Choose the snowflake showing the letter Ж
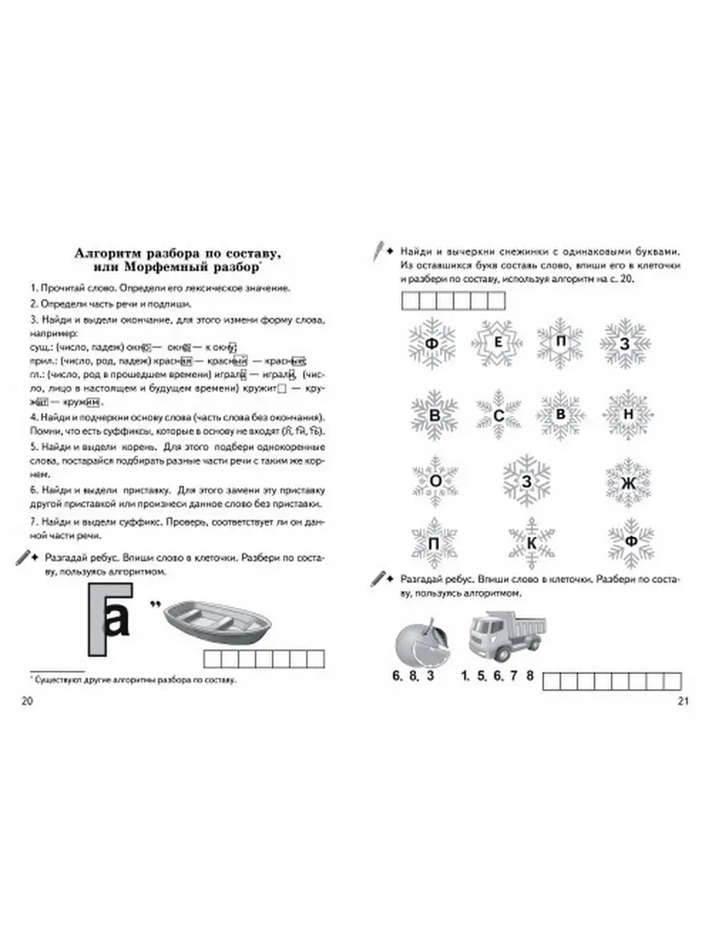coord(627,482)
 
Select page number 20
coord(28,701)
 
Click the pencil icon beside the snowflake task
coord(380,250)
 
